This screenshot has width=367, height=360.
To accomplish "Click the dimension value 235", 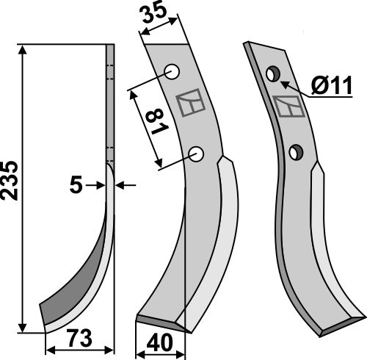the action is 10,180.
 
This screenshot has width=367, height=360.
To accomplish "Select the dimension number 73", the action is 80,338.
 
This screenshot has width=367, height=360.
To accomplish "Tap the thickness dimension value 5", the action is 76,185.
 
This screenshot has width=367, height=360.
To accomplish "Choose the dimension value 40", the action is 159,343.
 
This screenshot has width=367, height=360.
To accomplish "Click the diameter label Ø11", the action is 332,84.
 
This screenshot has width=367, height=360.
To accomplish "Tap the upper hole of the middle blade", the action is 172,72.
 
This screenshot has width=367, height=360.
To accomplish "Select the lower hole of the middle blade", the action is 196,154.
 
